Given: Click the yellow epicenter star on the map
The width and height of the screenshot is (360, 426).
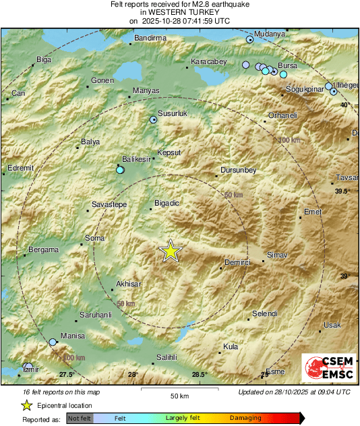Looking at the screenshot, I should point(171,251).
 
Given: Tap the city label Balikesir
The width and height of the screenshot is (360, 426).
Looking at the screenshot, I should point(135,160).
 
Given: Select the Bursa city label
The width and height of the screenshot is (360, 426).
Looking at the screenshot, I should point(288,65).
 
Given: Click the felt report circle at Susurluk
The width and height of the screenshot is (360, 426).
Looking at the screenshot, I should point(153,119).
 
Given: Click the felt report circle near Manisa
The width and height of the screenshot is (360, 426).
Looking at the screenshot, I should point(53,342).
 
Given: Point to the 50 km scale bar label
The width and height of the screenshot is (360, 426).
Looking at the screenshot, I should point(179,395).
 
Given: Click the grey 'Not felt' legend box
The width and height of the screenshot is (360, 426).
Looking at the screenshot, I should point(80,419).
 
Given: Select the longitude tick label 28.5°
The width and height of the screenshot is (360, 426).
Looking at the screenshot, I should point(199,375).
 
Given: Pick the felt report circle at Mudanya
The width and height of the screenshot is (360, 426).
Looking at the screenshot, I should point(250,40).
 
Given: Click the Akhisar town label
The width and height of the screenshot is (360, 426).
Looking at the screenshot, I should point(129,284).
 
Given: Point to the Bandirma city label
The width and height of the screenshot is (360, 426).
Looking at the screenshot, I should point(150,38).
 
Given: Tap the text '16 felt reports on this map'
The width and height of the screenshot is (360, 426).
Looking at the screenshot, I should point(53,392).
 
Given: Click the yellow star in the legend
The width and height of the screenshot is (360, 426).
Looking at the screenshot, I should point(26,405).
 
